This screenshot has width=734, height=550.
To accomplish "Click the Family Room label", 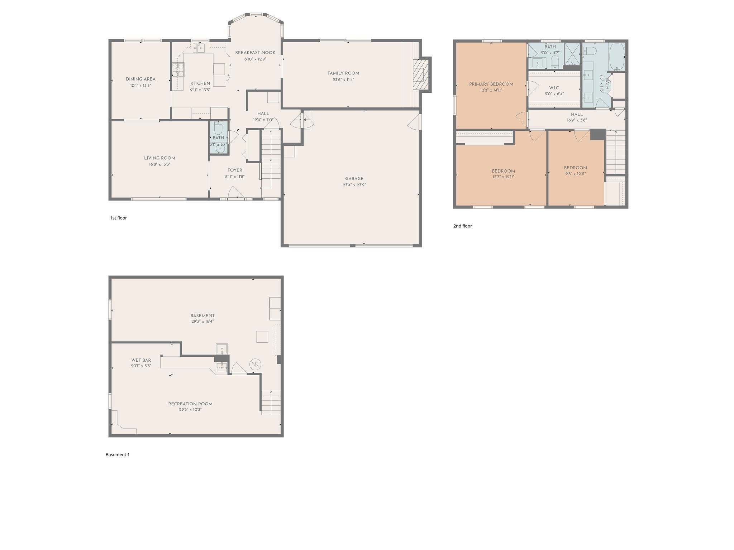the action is (343, 73).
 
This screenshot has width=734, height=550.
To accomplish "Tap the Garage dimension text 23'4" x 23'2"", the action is (354, 185).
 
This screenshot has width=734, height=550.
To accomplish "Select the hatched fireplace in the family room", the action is (420, 75).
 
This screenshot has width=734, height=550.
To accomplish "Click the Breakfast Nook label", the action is (255, 53).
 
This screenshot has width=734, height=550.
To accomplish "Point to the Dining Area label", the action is (140, 79).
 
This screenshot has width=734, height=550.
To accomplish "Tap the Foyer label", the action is (235, 170).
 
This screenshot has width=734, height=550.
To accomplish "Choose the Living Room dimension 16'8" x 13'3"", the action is (159, 164).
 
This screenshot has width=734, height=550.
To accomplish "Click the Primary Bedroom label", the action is (491, 85).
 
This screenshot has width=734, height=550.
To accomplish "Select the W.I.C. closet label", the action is (554, 88).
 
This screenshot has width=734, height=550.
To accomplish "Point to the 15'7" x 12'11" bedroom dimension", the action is (503, 177).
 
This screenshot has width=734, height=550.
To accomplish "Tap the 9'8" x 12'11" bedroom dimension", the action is (575, 174).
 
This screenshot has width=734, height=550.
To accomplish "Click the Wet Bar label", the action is (141, 360).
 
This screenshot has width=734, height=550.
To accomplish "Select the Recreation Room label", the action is (190, 404).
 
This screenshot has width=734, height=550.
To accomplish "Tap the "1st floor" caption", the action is (118, 218).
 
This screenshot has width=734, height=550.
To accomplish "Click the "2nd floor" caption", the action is (462, 226).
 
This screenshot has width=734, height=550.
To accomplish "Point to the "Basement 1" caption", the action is (118, 455).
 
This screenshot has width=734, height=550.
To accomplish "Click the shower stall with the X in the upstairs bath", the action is (572, 54).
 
